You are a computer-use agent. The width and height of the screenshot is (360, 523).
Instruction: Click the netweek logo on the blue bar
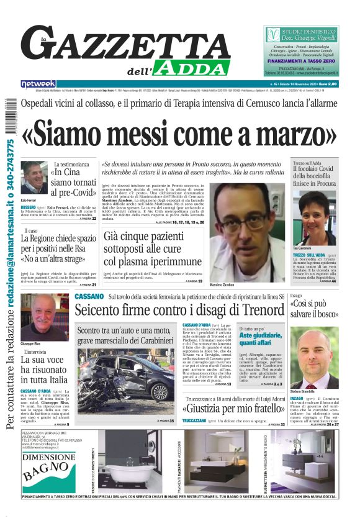point(38,83)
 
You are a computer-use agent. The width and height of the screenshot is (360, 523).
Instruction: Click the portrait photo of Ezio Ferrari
point(34,178)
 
